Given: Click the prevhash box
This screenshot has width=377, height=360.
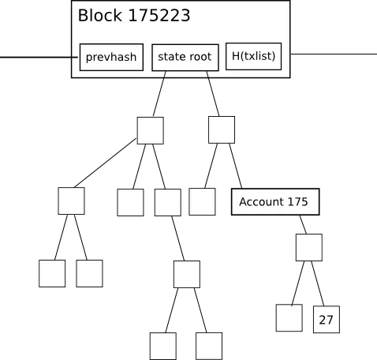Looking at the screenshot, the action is point(111,57).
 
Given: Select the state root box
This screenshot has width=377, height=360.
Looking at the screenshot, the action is point(185,58).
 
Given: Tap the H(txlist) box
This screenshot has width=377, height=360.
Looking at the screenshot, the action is point(254,56).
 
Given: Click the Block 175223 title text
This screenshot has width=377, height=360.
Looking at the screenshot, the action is point(134,15).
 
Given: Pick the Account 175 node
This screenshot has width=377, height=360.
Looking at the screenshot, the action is point(275,201).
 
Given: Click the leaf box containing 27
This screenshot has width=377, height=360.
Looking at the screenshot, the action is point(327,319).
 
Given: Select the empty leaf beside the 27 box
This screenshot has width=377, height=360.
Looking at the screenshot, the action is point(289,318).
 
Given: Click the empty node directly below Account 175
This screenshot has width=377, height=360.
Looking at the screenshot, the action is point(309,247).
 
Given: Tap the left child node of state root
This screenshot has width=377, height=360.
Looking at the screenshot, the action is point(151,130).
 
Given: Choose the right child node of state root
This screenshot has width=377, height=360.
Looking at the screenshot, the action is point(222,129).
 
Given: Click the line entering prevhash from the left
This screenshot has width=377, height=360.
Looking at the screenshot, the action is point(39,57).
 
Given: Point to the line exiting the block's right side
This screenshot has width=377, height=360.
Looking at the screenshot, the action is point(334,54).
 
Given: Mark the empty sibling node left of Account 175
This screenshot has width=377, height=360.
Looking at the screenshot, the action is point(202,201).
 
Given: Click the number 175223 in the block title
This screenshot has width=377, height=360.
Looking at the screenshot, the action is point(159,15).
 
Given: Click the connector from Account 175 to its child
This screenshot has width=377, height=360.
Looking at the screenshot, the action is point(303,224).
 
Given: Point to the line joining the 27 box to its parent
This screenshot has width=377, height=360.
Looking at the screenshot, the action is point(318,283).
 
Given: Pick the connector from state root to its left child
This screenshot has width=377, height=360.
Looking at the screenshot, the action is point(159,94).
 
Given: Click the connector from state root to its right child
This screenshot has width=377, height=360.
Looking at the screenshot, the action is point(213,93).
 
